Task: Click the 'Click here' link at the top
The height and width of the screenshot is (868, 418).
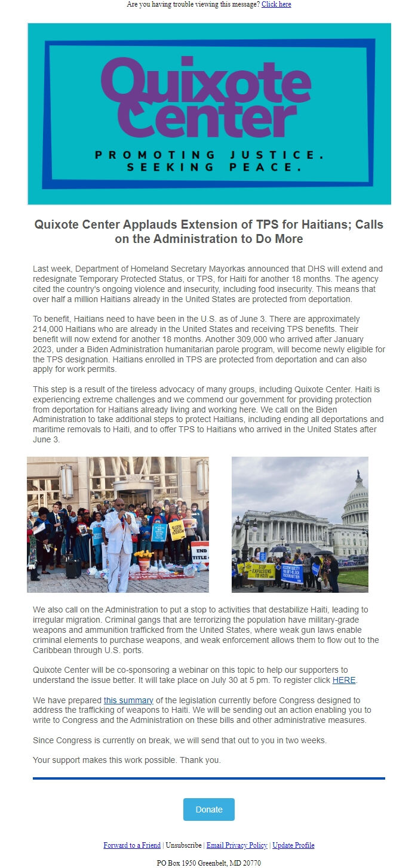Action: [x=276, y=4]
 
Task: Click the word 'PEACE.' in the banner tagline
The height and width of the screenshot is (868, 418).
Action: [x=268, y=168]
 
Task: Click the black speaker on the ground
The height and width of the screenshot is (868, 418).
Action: [x=73, y=568]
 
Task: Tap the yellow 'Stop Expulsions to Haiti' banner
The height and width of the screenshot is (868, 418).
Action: [x=262, y=571]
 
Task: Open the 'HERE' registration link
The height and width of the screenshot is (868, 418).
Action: [x=344, y=680]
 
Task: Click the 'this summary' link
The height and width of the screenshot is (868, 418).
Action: [x=128, y=700]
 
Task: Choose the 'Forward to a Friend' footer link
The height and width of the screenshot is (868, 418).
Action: [x=132, y=845]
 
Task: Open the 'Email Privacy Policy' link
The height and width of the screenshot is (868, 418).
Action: [x=236, y=845]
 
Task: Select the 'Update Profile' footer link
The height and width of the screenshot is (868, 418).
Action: [x=293, y=845]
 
